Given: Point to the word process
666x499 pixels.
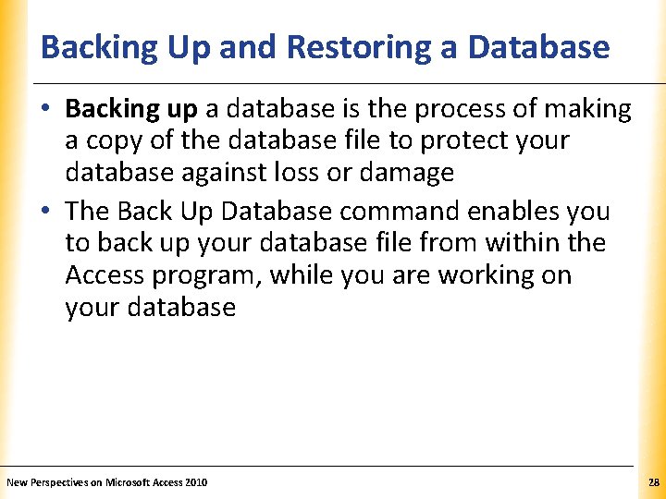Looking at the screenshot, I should (x=460, y=109).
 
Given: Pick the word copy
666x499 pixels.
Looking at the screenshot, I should (x=115, y=141).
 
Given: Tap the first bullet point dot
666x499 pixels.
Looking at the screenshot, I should (x=46, y=110).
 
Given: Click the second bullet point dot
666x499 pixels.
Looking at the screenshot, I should (x=46, y=212).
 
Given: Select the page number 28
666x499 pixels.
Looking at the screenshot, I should (x=654, y=482).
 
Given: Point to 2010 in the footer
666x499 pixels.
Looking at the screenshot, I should (x=197, y=482).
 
